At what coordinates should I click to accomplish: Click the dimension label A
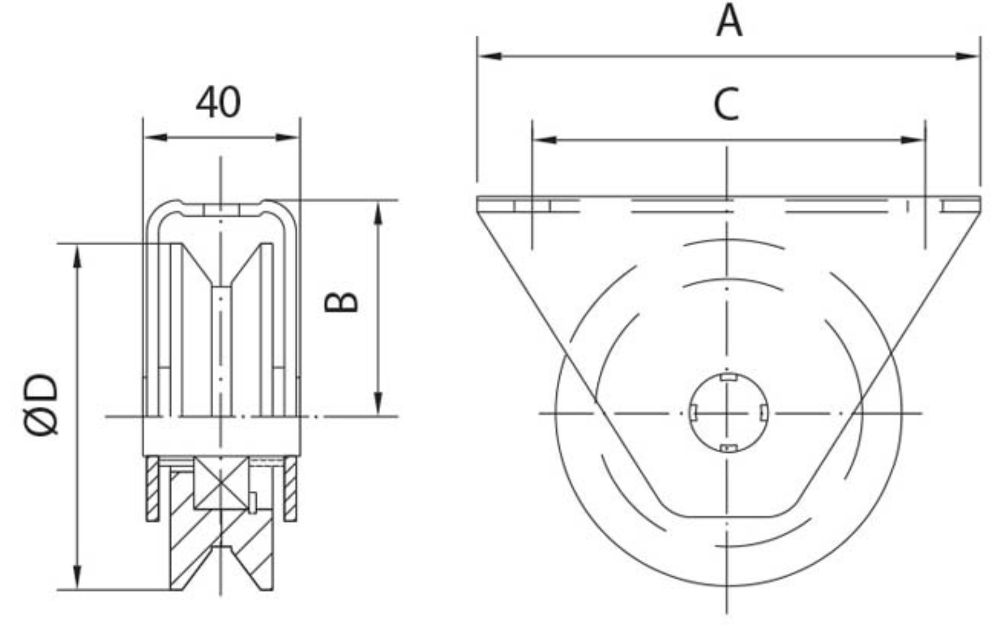pyautogui.click(x=728, y=21)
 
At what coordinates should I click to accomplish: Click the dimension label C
pyautogui.click(x=726, y=104)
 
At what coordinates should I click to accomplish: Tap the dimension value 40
pyautogui.click(x=218, y=103)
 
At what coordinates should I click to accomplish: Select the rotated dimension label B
pyautogui.click(x=341, y=302)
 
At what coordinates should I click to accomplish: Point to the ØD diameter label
pyautogui.click(x=41, y=404)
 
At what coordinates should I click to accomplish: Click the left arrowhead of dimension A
pyautogui.click(x=490, y=56)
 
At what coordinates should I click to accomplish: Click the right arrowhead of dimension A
pyautogui.click(x=968, y=56)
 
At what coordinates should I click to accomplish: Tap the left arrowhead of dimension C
pyautogui.click(x=545, y=140)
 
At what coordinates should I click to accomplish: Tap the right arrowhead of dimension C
pyautogui.click(x=913, y=140)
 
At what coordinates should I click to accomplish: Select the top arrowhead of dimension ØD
pyautogui.click(x=76, y=256)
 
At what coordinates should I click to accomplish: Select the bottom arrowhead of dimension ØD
pyautogui.click(x=76, y=577)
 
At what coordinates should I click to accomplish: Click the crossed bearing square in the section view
pyautogui.click(x=221, y=483)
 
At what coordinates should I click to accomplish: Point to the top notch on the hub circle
pyautogui.click(x=728, y=377)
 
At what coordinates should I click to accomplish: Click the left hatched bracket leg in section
pyautogui.click(x=152, y=489)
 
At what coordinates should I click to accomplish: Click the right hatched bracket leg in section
pyautogui.click(x=290, y=489)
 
